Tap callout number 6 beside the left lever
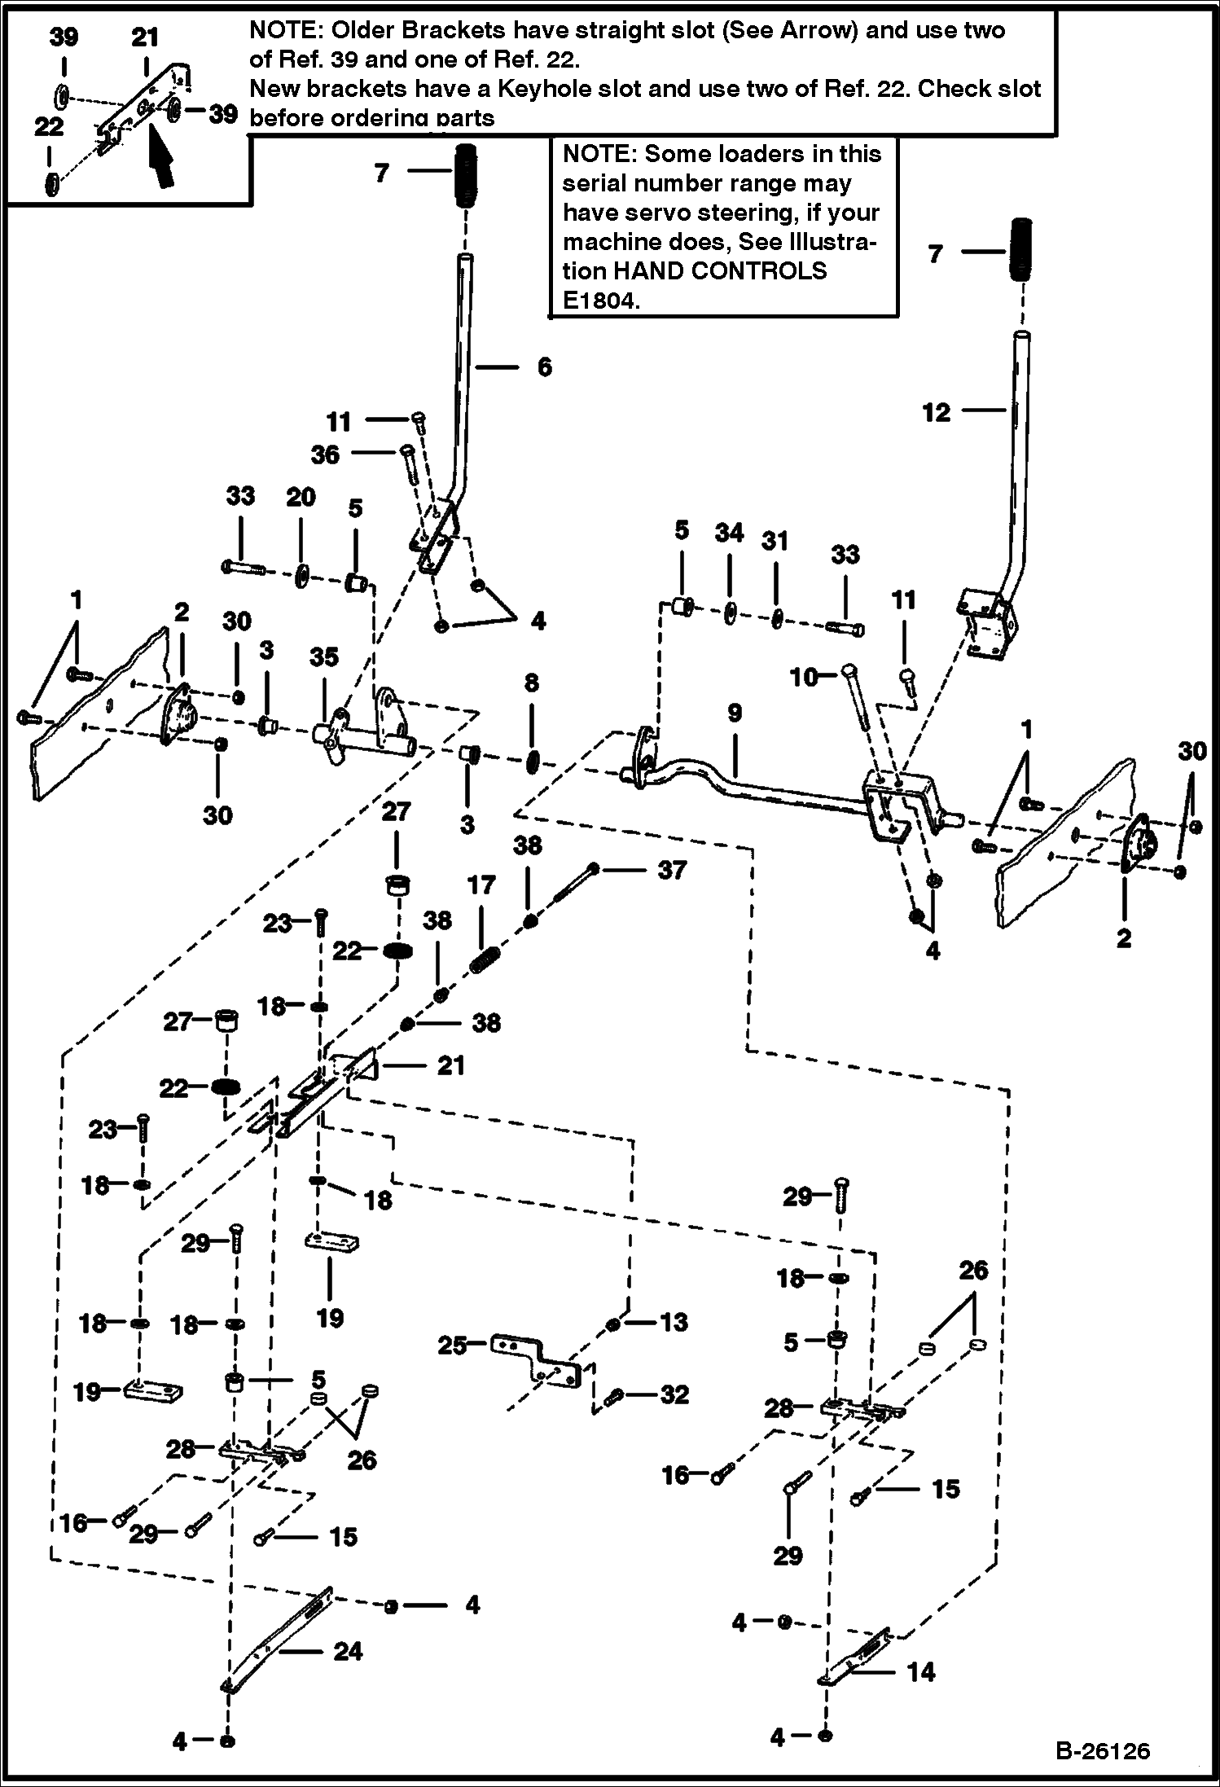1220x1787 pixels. (x=544, y=367)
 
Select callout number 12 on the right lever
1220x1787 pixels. (x=937, y=413)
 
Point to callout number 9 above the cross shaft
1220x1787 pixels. (x=735, y=713)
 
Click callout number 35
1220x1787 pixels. (x=324, y=657)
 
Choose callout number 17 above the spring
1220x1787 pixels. (x=481, y=885)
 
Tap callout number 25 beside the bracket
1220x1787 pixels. (x=453, y=1346)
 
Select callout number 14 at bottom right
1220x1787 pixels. (x=921, y=1672)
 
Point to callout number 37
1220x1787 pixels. (x=672, y=870)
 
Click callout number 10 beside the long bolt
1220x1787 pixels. (x=805, y=676)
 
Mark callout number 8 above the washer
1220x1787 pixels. (x=531, y=683)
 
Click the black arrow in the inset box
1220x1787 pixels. (x=162, y=164)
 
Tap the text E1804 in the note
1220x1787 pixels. (x=601, y=301)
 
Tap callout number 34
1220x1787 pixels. (x=729, y=533)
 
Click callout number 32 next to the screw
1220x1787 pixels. (x=674, y=1394)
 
